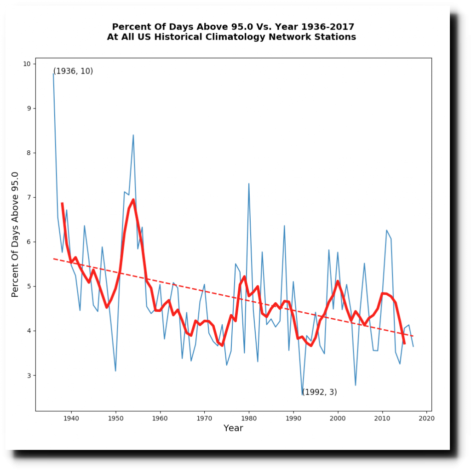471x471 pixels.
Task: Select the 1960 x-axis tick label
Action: coord(160,419)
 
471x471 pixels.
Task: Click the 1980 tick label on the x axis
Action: coord(249,419)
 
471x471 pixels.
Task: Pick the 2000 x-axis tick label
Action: coord(338,419)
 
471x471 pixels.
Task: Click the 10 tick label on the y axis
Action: coord(27,64)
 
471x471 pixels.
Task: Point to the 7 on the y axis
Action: coord(29,197)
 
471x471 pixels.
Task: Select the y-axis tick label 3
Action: coord(29,375)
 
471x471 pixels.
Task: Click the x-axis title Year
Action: coord(233,429)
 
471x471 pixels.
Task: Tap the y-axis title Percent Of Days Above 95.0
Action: coord(15,234)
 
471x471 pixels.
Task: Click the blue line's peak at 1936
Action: coord(53,73)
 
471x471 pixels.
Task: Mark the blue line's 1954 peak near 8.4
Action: coord(133,135)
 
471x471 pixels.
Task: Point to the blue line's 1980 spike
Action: coord(249,184)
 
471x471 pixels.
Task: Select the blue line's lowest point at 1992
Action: coord(303,395)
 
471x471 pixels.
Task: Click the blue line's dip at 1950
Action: coord(115,371)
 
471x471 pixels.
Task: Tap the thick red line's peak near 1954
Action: coord(133,200)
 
